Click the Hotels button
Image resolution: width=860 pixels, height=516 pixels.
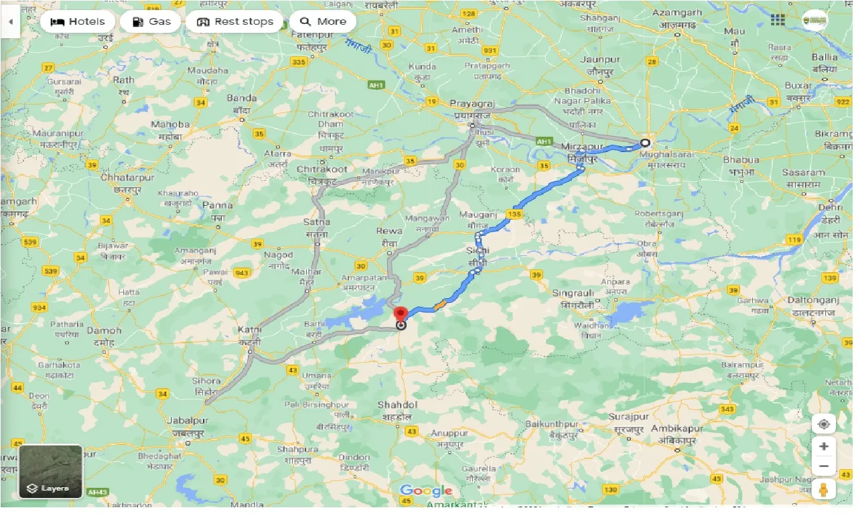pos(78,21)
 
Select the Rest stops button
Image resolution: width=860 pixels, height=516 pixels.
pos(234,21)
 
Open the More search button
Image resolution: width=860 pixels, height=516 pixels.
pos(323,21)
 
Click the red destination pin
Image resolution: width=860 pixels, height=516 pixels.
pos(401,314)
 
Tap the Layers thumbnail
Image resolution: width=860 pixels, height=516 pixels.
pos(51,472)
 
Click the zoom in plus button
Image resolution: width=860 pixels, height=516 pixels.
pos(824,446)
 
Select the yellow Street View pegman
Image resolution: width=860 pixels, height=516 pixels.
pos(824,489)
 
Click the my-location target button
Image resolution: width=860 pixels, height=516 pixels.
pos(824,424)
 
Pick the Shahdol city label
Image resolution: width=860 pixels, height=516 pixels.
pos(397,405)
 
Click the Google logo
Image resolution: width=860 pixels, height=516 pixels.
pos(426,491)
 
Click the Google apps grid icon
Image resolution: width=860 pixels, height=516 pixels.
pos(778,20)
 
